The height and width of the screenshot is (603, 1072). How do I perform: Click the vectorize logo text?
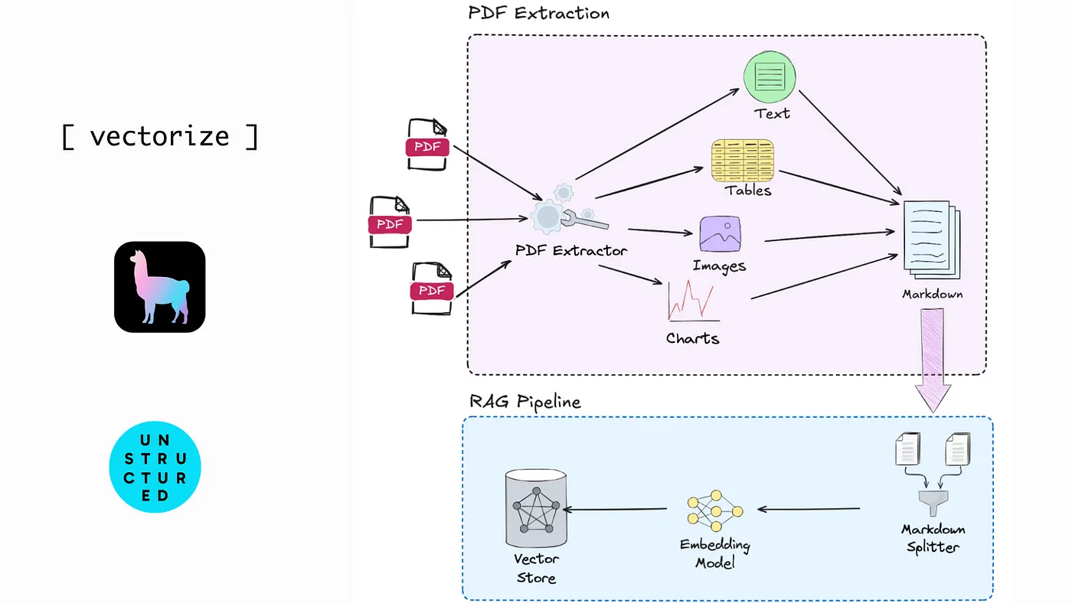point(159,136)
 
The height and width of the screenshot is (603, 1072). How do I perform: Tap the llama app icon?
point(160,287)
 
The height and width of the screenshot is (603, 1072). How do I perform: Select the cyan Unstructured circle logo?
point(155,466)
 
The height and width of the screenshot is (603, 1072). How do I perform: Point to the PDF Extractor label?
point(571,251)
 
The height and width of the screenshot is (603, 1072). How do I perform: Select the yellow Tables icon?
point(742,161)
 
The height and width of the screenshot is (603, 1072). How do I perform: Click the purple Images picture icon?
point(720,234)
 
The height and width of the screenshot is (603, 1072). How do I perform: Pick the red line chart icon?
point(692,301)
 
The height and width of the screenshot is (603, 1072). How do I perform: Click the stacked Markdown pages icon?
point(931,239)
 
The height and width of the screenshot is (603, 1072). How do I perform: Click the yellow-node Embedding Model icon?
point(714,510)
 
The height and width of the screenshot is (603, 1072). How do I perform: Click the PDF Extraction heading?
point(538,13)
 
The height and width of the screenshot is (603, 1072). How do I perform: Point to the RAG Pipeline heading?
point(525,402)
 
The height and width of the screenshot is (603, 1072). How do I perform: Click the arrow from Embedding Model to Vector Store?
point(617,510)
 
